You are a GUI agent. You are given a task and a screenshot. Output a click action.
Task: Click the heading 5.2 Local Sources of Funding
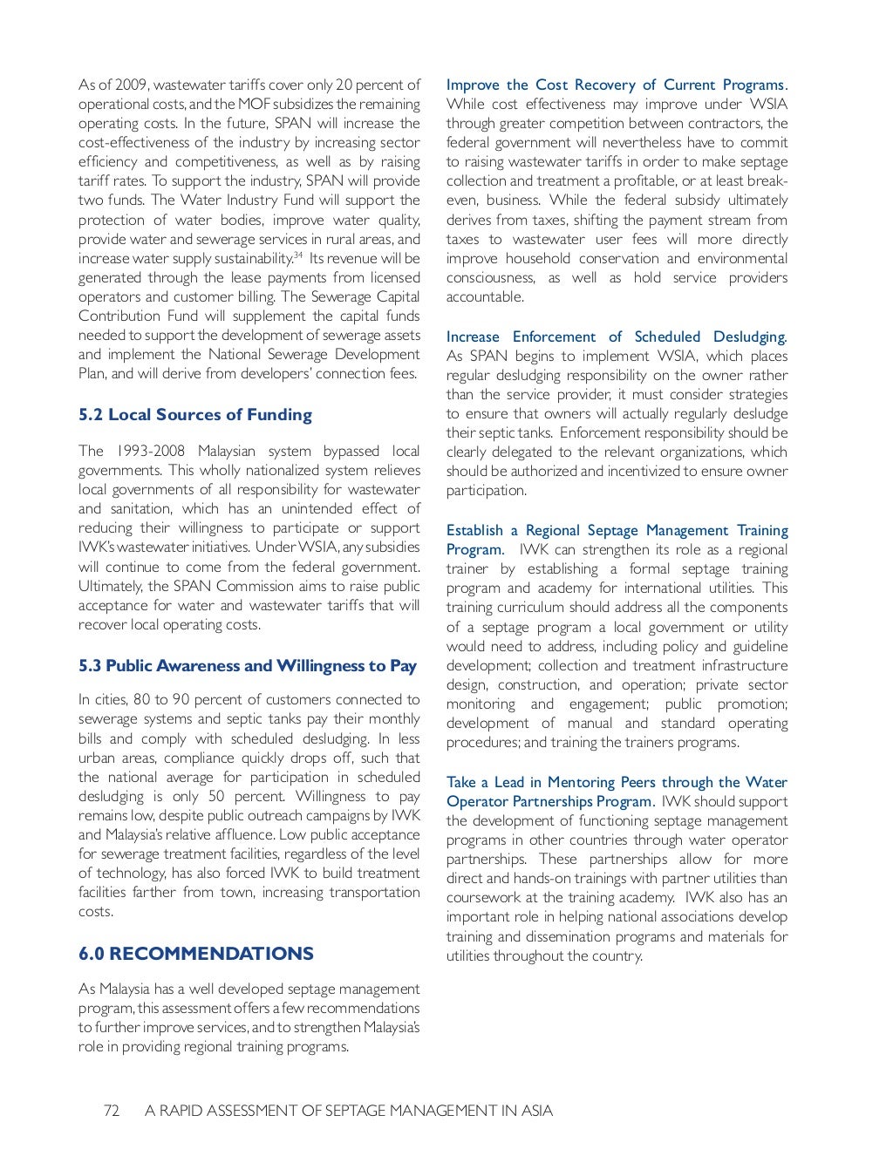tap(194, 415)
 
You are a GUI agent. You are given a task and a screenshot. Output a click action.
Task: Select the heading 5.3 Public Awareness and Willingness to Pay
tap(248, 666)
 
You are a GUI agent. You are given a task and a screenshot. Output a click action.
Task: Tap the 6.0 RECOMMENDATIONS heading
tap(195, 954)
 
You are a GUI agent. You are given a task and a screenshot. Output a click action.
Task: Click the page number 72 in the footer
tap(112, 1111)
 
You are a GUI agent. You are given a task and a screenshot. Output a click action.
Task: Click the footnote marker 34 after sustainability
tap(298, 255)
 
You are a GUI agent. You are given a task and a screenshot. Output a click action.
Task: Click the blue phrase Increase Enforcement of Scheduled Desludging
tap(616, 337)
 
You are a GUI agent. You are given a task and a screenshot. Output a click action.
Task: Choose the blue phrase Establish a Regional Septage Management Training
tap(616, 531)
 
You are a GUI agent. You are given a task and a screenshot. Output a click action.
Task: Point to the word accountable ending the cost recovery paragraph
tap(485, 297)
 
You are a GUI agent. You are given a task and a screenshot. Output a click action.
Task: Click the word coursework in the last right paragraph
tap(484, 898)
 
